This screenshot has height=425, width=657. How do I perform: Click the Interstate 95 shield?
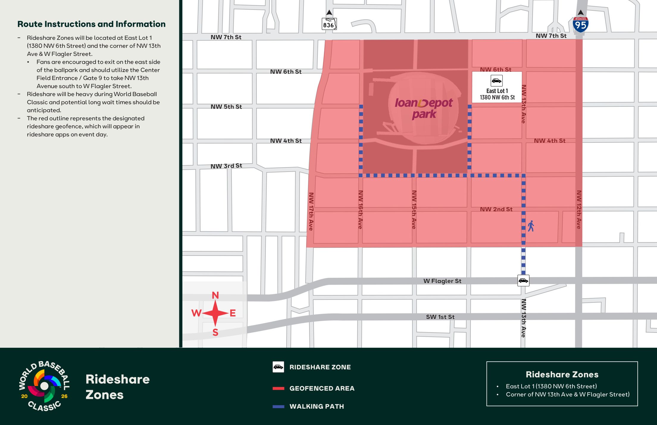coord(580,25)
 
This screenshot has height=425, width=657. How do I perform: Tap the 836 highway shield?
coord(329,24)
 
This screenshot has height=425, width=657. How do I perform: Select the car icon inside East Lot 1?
coord(496,81)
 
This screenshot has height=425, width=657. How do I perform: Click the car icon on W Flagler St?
coord(523,280)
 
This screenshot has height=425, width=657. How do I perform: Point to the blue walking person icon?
coord(531,226)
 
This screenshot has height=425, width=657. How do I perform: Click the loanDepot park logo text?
coord(424,108)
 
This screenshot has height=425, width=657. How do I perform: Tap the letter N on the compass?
coord(215,295)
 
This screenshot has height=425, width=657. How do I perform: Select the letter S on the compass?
coord(215,333)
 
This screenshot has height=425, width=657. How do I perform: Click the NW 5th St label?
coord(226,107)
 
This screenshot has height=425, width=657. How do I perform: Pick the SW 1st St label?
coord(440,317)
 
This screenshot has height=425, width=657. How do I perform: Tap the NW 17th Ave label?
coord(311,211)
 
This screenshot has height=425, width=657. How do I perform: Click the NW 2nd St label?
coord(496,209)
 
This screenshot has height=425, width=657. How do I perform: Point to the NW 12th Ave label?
coord(579,210)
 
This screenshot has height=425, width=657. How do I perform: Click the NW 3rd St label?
coord(226,166)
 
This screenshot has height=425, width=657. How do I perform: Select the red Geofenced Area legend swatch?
coord(278,388)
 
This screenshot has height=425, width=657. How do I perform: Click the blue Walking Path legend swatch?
coord(278,407)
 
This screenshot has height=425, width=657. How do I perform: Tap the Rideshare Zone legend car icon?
coord(278,367)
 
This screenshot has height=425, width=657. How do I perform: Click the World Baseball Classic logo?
coord(44,386)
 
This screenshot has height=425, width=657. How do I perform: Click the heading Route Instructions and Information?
coord(91,24)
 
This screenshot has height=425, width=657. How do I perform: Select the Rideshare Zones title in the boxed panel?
coord(562,374)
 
